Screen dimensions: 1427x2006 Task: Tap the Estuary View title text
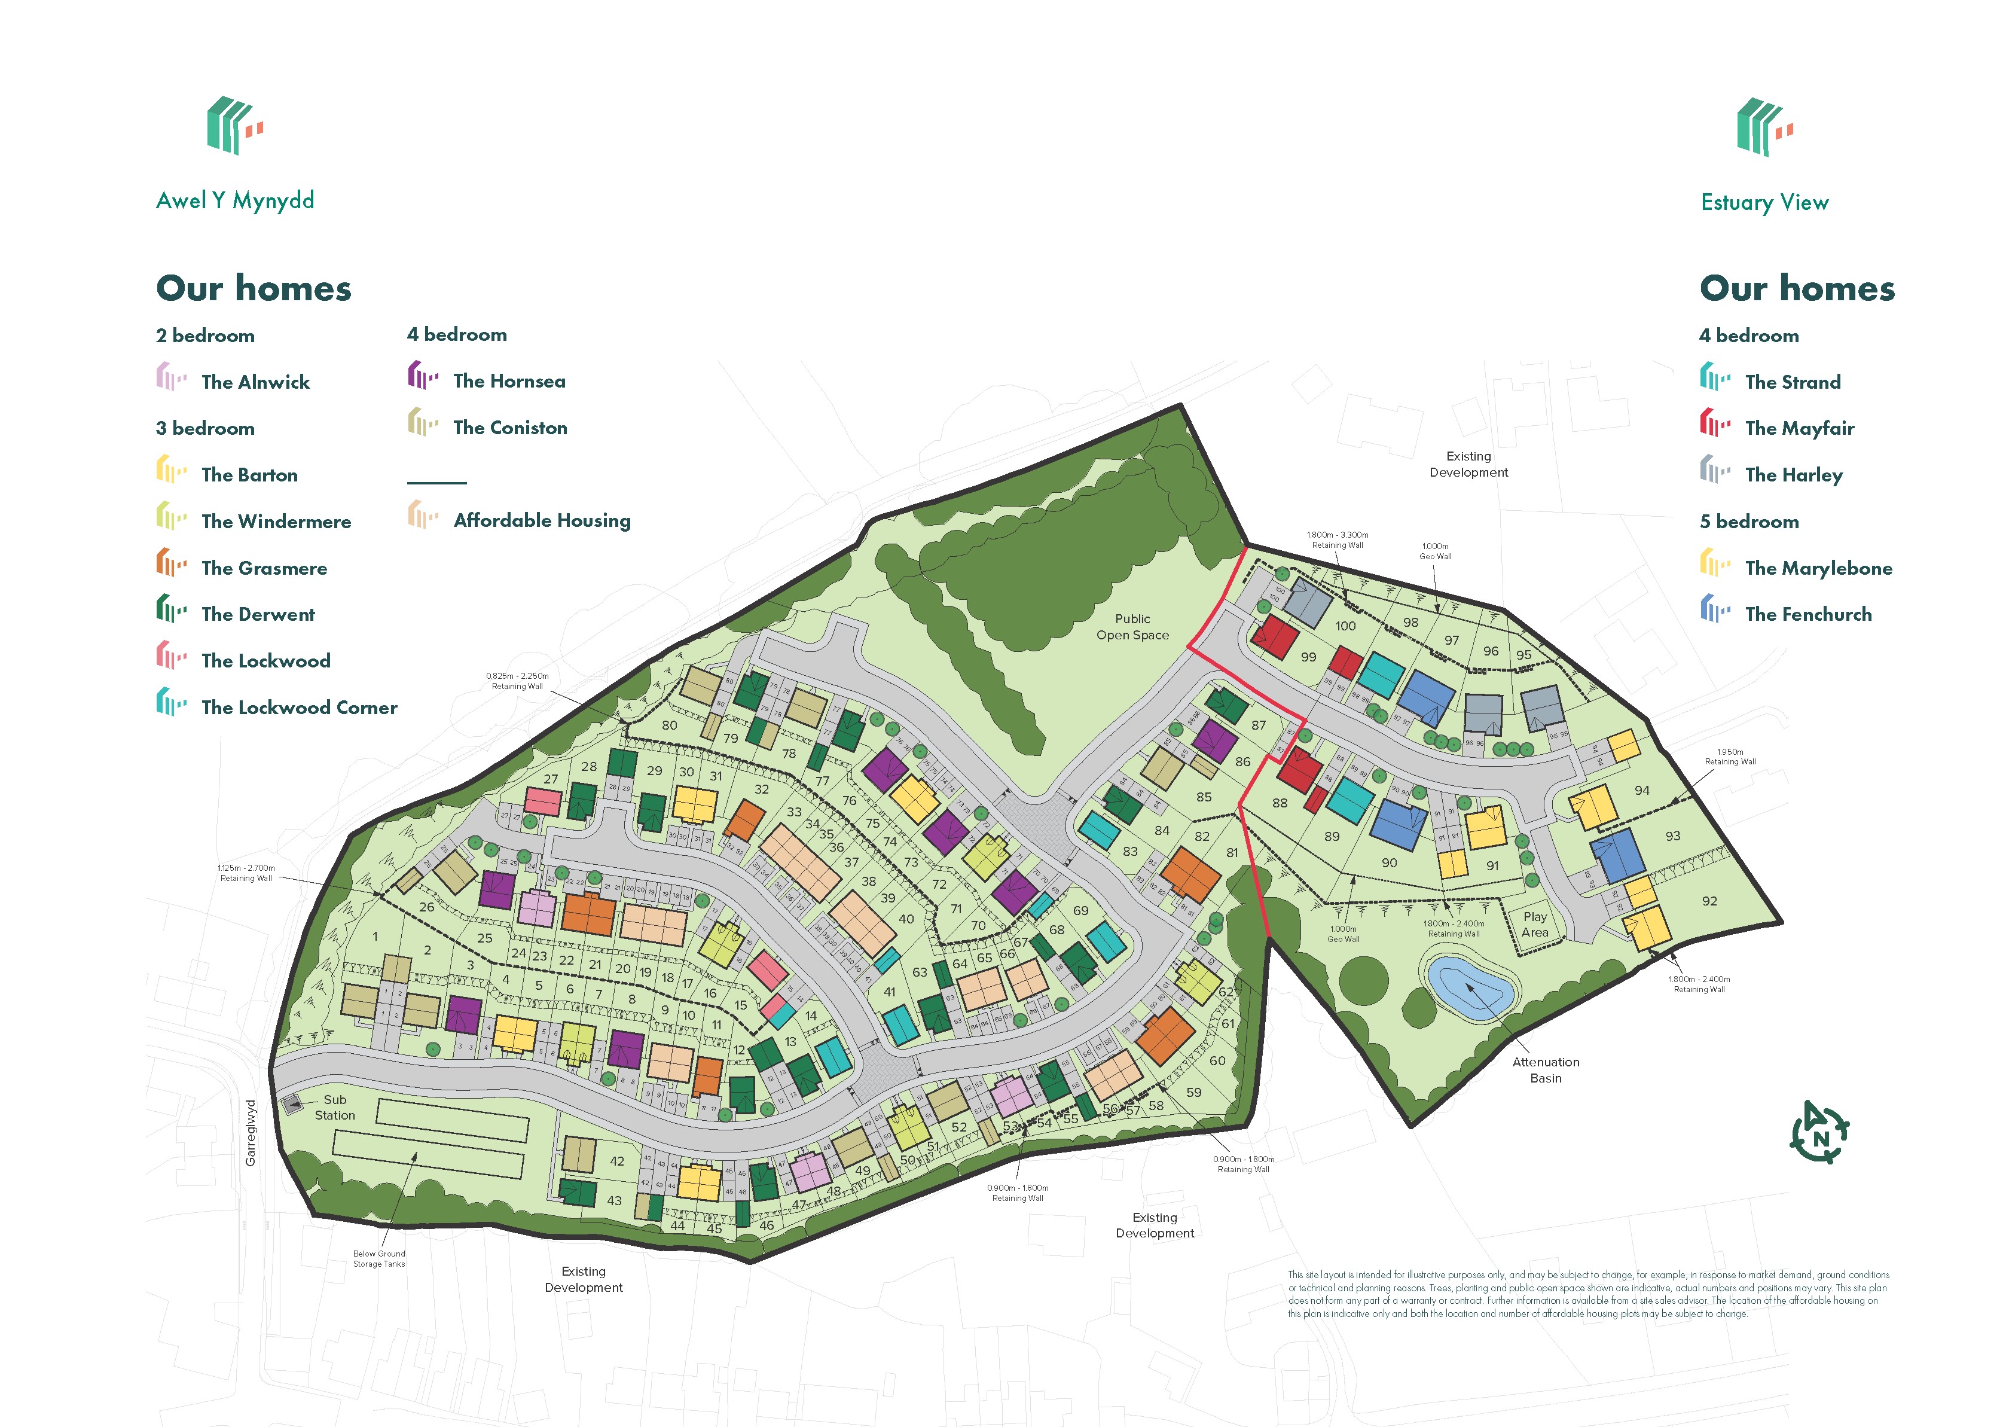pyautogui.click(x=1764, y=203)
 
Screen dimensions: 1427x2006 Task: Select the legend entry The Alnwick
pyautogui.click(x=255, y=382)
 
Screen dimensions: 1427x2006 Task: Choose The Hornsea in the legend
pyautogui.click(x=509, y=382)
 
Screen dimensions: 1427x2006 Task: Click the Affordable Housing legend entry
pyautogui.click(x=541, y=520)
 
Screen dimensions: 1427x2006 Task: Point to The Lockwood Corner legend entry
pyautogui.click(x=298, y=708)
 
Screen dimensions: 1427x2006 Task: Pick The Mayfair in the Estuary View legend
pyautogui.click(x=1799, y=429)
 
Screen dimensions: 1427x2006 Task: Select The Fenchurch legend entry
pyautogui.click(x=1807, y=614)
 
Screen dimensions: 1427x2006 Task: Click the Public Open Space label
pyautogui.click(x=1131, y=627)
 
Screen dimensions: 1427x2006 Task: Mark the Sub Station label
pyautogui.click(x=335, y=1107)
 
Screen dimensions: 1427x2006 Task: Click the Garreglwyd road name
pyautogui.click(x=251, y=1133)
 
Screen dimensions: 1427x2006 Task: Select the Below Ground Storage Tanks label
pyautogui.click(x=378, y=1258)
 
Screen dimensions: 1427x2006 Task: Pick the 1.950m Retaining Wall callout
pyautogui.click(x=1729, y=757)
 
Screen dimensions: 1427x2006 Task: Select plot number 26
pyautogui.click(x=426, y=907)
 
